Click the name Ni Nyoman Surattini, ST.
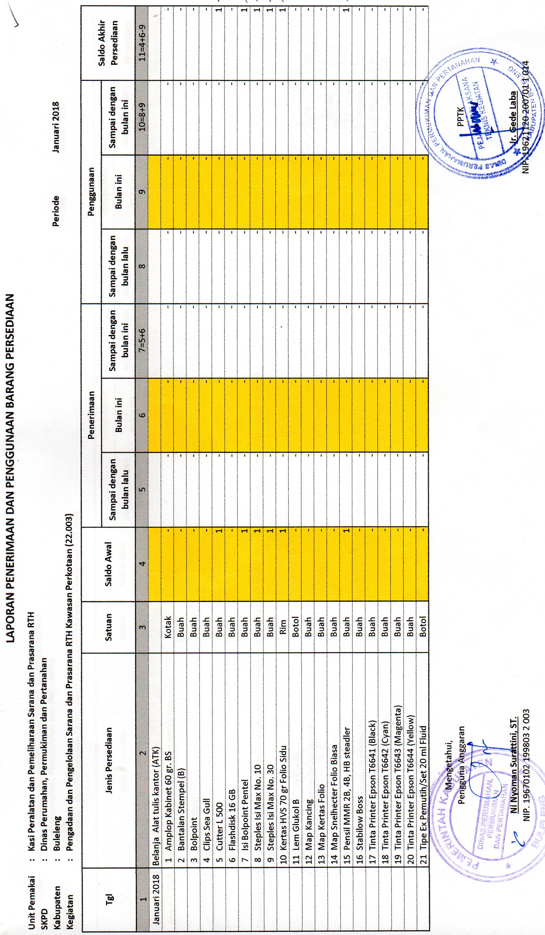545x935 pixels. point(514,768)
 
